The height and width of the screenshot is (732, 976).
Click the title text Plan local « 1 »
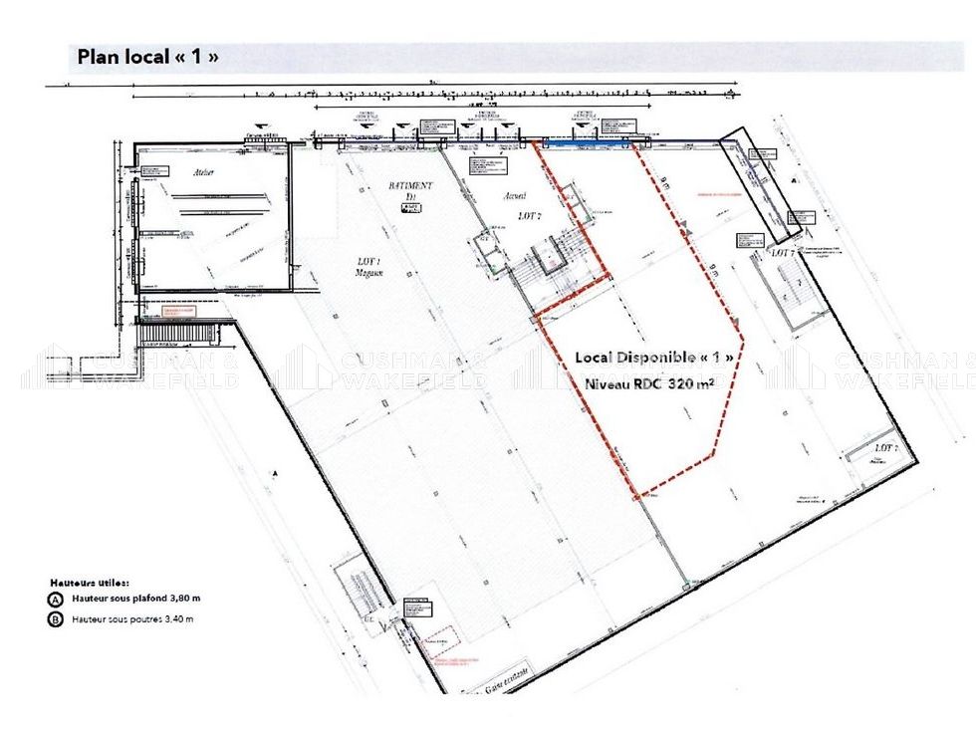(x=147, y=57)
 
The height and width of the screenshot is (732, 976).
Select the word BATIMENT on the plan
(x=410, y=186)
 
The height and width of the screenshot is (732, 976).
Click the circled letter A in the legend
(x=56, y=600)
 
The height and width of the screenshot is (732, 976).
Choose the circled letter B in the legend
(x=56, y=619)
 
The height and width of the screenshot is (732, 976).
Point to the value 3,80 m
(x=182, y=600)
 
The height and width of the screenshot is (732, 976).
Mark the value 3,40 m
(x=175, y=619)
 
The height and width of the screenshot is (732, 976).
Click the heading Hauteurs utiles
(x=90, y=582)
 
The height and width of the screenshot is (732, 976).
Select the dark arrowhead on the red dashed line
(x=686, y=232)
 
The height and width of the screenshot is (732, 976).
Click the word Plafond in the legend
(x=145, y=600)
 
